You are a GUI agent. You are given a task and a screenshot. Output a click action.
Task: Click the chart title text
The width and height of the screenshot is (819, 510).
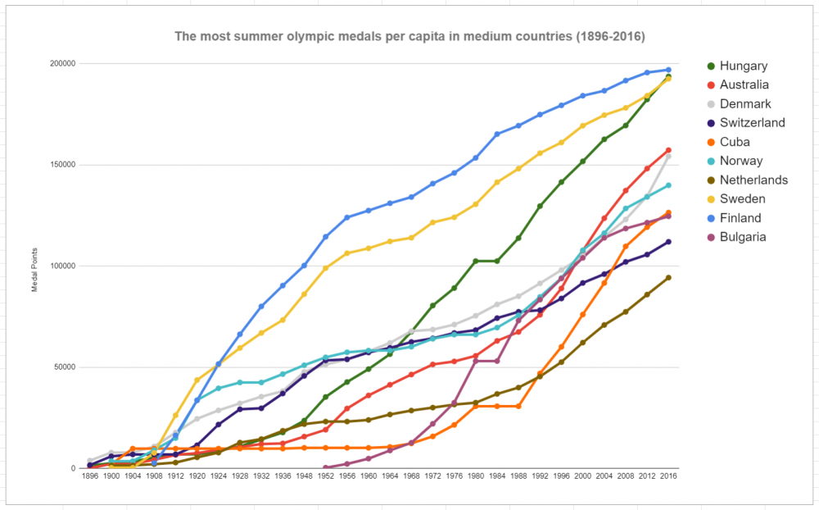pyautogui.click(x=409, y=37)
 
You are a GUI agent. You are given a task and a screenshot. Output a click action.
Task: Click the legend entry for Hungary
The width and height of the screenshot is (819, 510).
pyautogui.click(x=743, y=66)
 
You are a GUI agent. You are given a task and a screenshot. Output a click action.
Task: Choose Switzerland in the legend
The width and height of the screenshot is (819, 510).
pyautogui.click(x=752, y=123)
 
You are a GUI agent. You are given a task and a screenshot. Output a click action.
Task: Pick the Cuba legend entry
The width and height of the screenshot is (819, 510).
pyautogui.click(x=735, y=142)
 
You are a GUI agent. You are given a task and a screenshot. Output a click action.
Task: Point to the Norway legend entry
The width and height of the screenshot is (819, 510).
pyautogui.click(x=740, y=161)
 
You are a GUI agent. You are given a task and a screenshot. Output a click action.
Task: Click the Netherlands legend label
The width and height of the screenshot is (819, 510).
pyautogui.click(x=753, y=180)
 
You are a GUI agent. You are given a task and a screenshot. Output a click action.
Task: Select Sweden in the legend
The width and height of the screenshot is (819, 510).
pyautogui.click(x=743, y=198)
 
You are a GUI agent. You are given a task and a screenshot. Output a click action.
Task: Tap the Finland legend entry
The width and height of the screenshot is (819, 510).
pyautogui.click(x=740, y=218)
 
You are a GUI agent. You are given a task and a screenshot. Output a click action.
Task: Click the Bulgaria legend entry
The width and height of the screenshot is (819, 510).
pyautogui.click(x=744, y=237)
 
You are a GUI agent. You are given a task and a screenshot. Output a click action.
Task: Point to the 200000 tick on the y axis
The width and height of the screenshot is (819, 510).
pyautogui.click(x=63, y=63)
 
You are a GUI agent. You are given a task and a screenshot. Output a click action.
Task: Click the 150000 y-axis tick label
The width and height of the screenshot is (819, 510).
pyautogui.click(x=63, y=165)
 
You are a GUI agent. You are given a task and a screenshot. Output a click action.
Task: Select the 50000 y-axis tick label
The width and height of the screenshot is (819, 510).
pyautogui.click(x=66, y=367)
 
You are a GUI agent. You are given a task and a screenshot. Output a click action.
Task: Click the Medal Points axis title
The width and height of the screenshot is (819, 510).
pyautogui.click(x=34, y=266)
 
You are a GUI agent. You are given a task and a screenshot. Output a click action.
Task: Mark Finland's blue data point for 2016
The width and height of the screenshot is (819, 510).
pyautogui.click(x=668, y=70)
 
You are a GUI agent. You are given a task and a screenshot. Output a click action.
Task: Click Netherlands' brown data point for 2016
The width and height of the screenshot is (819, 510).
pyautogui.click(x=668, y=277)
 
